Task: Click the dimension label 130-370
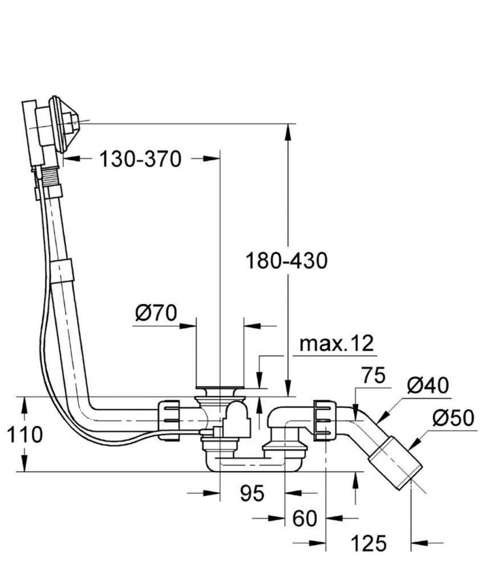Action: coord(140,159)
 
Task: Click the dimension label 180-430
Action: coord(286,261)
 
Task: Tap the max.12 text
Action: coord(337,343)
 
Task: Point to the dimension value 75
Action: coord(373,376)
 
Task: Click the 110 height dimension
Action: coord(25,435)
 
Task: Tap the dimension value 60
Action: coord(304,518)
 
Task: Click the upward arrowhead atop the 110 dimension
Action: coord(25,404)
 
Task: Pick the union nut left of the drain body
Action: coord(169,420)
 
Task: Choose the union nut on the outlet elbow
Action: coord(322,420)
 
